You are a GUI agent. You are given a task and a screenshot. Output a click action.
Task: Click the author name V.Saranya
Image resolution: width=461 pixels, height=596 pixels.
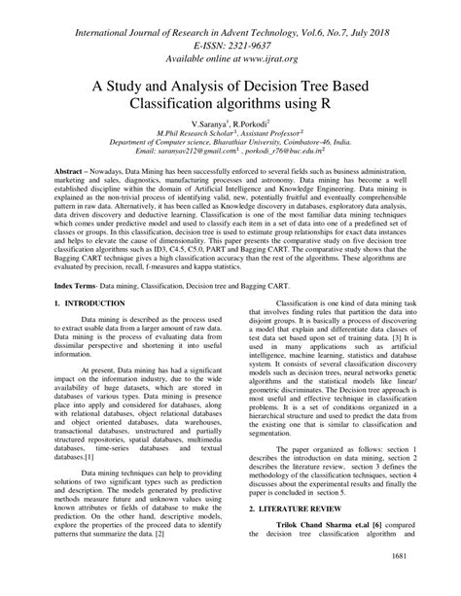coord(209,125)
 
